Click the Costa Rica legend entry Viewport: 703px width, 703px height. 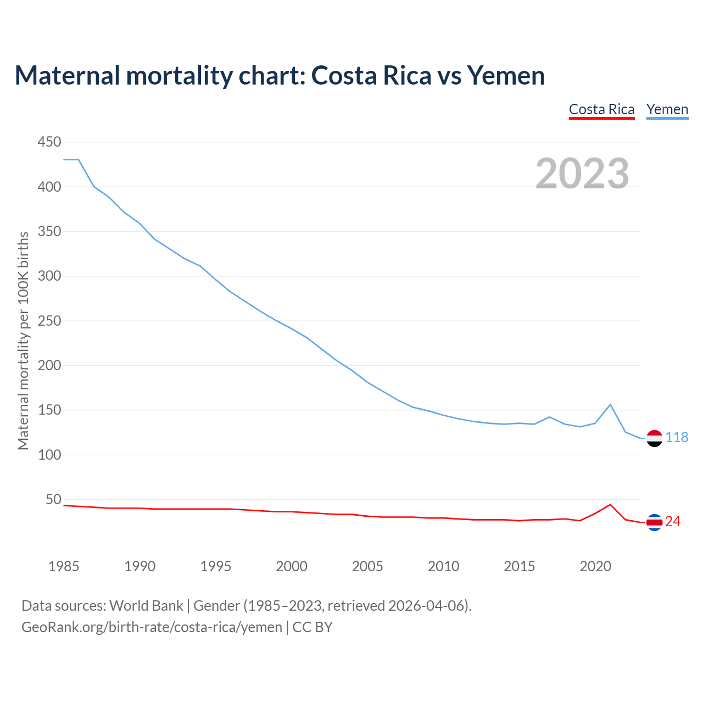(601, 109)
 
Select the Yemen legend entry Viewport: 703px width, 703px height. (667, 109)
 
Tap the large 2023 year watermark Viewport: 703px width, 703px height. (582, 174)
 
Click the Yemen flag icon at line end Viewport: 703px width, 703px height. (654, 438)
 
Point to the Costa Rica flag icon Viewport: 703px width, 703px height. (654, 522)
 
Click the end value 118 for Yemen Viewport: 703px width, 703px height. (677, 438)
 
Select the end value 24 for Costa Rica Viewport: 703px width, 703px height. (673, 522)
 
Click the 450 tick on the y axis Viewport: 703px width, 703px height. (49, 142)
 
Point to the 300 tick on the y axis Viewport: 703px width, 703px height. (49, 276)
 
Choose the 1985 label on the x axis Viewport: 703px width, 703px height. (64, 566)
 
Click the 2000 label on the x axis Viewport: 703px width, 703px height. (292, 566)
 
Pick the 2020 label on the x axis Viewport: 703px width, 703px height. (595, 566)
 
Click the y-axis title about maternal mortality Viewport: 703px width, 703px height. (23, 341)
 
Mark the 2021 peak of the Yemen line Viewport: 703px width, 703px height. (610, 405)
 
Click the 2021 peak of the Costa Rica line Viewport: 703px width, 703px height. (610, 504)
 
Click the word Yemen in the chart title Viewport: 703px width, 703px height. (506, 75)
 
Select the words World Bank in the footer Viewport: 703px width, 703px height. (146, 606)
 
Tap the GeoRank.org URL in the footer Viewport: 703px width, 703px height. (152, 627)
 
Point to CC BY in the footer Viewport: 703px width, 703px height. (313, 627)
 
